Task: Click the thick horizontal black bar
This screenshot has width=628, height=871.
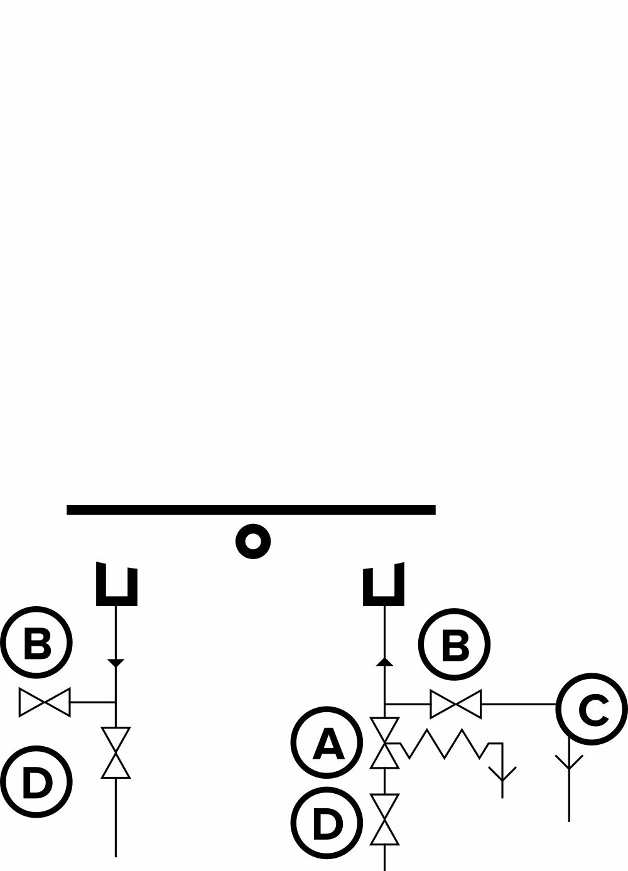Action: coord(251,510)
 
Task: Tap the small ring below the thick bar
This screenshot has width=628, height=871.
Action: coord(252,540)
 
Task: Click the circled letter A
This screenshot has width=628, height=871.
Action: coord(327,743)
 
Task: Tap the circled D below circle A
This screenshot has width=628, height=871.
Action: coord(327,822)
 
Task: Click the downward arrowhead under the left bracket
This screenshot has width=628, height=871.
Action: coord(116,663)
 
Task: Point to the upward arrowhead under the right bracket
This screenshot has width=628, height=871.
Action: coord(384,661)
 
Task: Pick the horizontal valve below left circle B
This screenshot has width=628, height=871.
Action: coord(44,702)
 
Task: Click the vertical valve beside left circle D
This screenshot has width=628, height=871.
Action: coord(116,752)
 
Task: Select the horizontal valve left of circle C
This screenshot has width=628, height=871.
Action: coord(455,704)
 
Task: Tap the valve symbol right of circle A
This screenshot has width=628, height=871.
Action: coord(384,743)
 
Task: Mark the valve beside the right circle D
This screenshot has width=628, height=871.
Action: coord(384,818)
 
